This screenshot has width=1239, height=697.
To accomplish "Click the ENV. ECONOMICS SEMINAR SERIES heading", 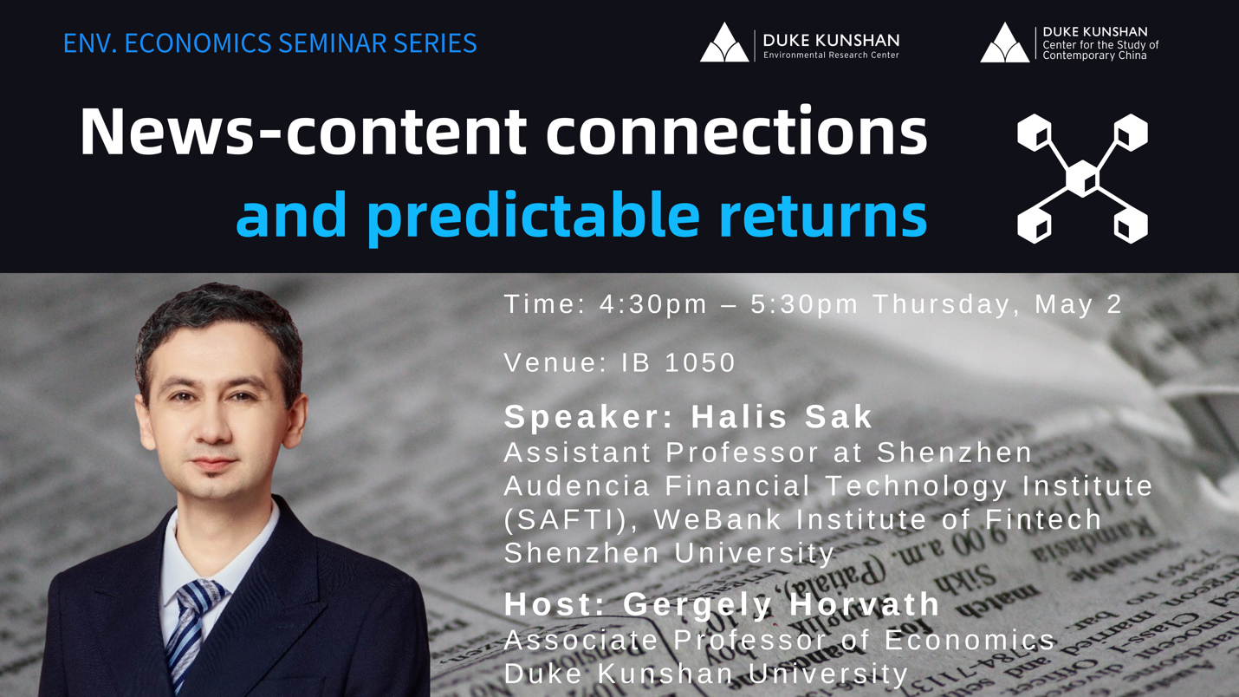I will [x=269, y=43].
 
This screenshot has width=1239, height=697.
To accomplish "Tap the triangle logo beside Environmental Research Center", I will [x=724, y=43].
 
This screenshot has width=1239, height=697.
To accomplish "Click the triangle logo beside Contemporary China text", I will [x=1005, y=43].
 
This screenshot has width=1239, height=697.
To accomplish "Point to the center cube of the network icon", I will [x=1081, y=179].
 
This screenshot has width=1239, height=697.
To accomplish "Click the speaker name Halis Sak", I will [x=782, y=417].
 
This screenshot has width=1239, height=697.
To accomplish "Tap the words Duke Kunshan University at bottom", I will [x=705, y=673].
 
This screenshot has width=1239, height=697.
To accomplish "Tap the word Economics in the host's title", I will [x=970, y=640].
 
